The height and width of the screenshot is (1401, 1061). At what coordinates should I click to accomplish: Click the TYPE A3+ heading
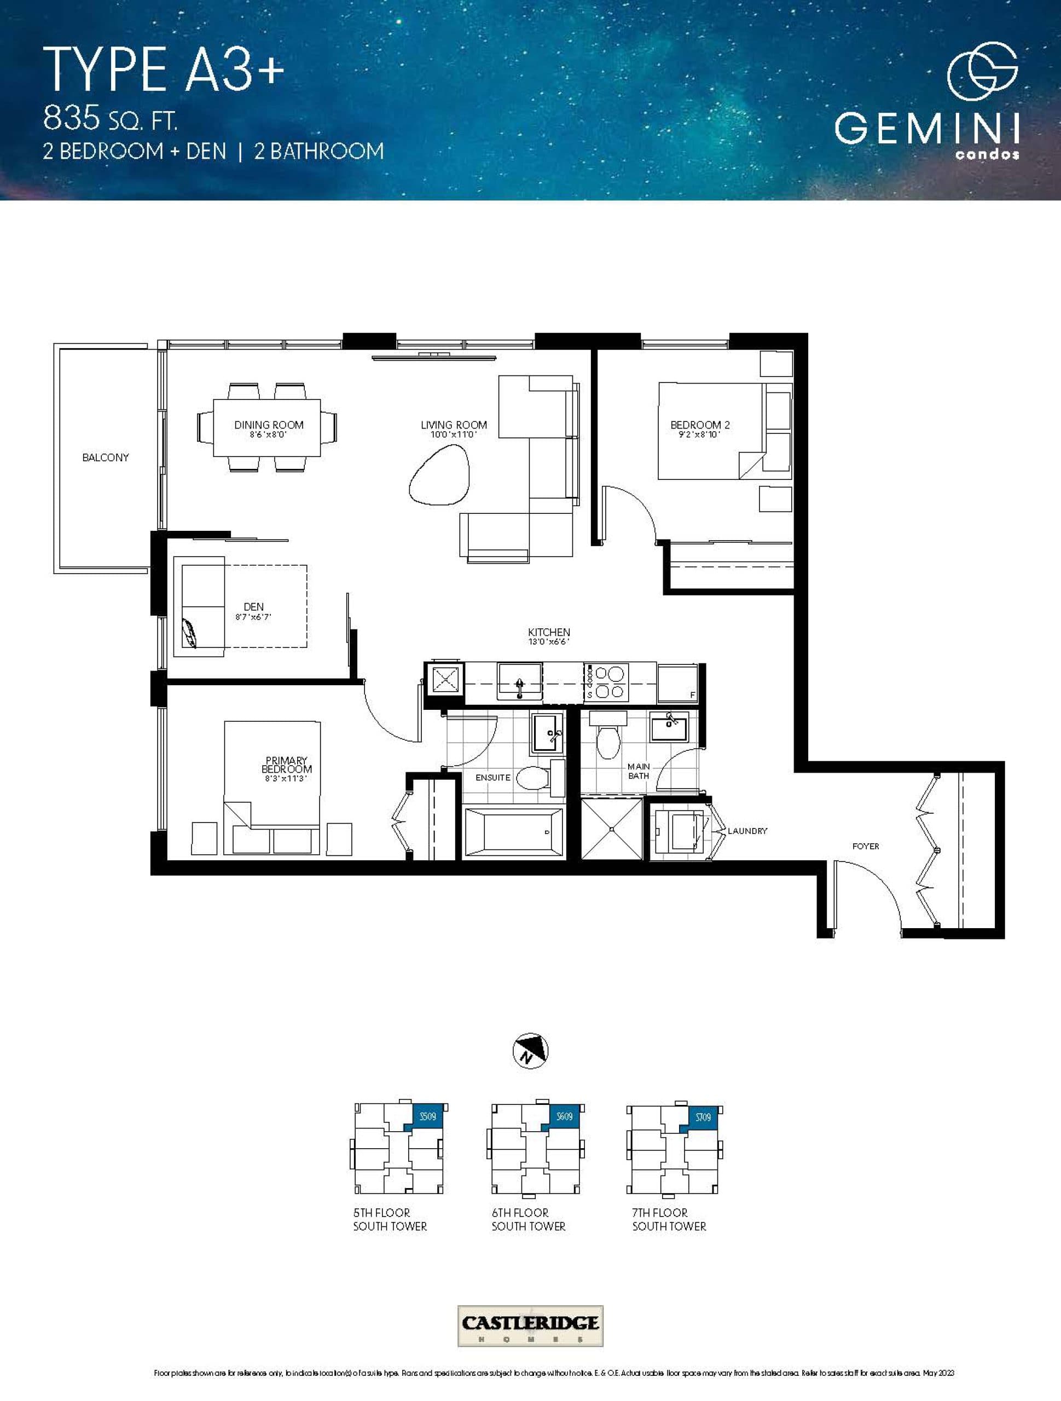pos(164,69)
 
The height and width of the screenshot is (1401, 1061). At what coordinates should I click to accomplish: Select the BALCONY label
pos(105,458)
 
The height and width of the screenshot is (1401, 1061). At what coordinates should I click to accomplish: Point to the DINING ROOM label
pos(269,425)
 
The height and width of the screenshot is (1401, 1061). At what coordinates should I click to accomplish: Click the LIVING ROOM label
pos(454,425)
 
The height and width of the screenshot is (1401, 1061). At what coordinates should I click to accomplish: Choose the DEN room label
pos(253,607)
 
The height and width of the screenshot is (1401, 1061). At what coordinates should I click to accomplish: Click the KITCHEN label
pos(548,632)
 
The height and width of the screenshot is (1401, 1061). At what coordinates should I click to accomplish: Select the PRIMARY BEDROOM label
pos(286,765)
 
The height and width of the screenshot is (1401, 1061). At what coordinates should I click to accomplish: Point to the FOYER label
pos(865,846)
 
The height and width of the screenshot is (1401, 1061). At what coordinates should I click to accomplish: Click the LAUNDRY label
pos(747,831)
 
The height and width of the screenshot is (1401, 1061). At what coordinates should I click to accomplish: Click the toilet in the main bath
pos(608,739)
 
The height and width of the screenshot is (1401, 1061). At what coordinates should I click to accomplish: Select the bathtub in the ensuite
pos(514,832)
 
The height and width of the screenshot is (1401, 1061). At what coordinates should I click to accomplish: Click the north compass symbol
pos(530,1051)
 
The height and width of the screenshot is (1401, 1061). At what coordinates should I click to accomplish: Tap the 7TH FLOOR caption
pos(659,1212)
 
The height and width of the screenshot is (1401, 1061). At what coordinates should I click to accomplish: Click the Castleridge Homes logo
pos(530,1323)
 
